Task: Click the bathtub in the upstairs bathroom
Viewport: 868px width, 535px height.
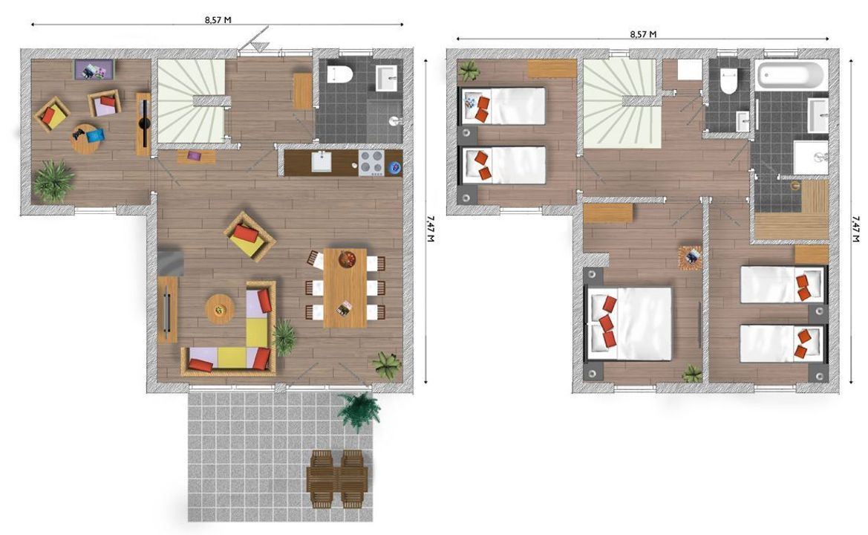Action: coord(791,75)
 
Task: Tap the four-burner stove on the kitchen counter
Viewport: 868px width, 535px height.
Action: coord(371,163)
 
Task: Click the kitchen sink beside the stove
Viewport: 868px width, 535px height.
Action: coord(322,161)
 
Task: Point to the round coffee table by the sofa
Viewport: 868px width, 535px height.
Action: coord(219,308)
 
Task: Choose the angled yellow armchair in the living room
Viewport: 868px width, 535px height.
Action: coord(249,236)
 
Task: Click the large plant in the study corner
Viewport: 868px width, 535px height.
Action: coord(53,181)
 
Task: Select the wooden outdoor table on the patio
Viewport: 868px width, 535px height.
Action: coord(336,479)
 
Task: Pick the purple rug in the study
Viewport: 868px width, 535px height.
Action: coord(94,70)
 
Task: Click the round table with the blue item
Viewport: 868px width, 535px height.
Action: coord(85,138)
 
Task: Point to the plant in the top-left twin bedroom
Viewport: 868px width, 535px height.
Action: coord(469,71)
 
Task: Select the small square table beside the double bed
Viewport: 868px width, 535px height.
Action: coord(690,257)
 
